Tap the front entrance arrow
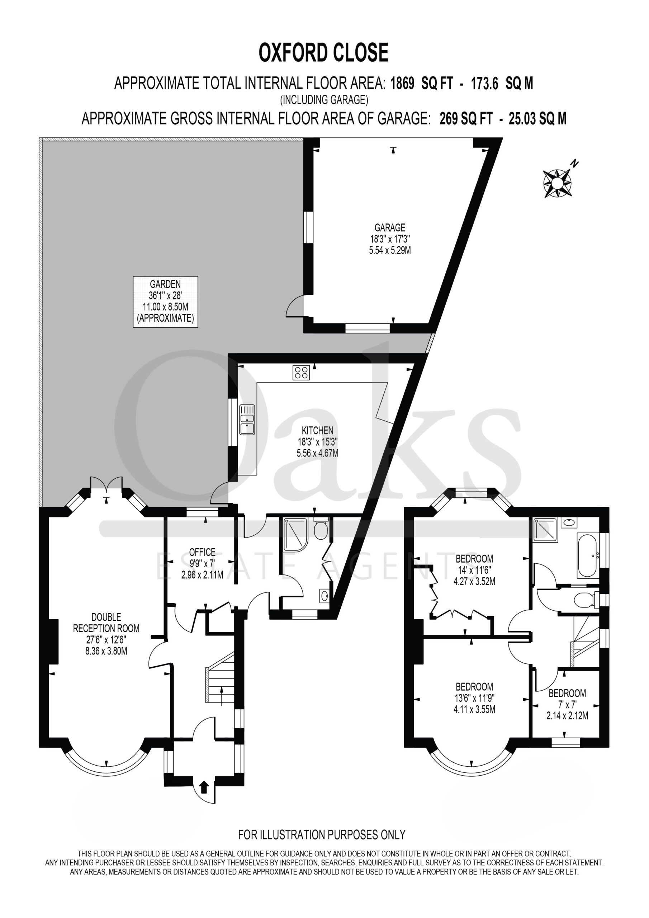(x=204, y=787)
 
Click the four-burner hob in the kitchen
(x=301, y=373)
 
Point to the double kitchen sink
(x=247, y=420)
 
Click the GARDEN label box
(x=166, y=302)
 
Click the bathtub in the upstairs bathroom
(x=587, y=554)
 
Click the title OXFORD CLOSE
(x=323, y=53)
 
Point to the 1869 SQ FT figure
(x=422, y=84)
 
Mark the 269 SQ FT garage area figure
(x=465, y=119)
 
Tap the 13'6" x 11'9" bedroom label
(x=474, y=698)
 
